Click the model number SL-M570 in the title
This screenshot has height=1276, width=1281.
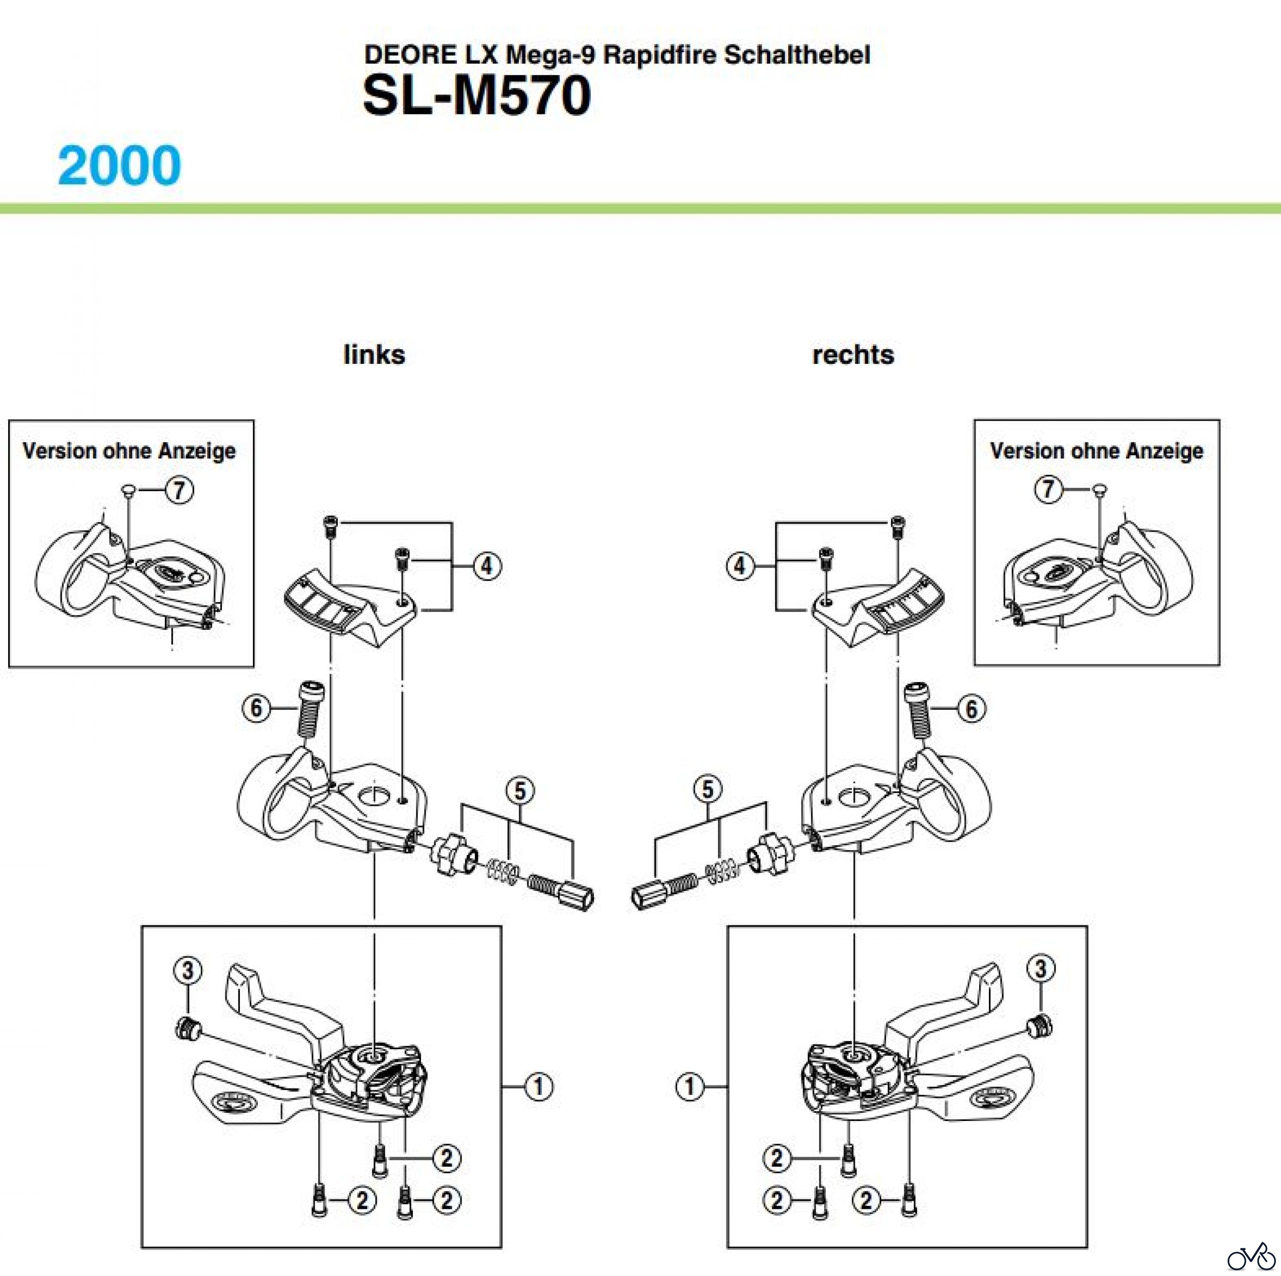tap(476, 96)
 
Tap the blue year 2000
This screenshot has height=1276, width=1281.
tap(120, 165)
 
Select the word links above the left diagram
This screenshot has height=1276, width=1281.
tap(374, 355)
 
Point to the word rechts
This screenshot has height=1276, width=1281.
tap(853, 355)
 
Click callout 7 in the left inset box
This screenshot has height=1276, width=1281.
tap(179, 490)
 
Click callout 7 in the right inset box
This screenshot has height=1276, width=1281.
tap(1047, 489)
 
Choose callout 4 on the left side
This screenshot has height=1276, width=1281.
tap(487, 566)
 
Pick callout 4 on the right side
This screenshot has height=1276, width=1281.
tap(740, 566)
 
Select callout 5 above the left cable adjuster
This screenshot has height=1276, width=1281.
tap(520, 790)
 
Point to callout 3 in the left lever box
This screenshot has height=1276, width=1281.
tap(187, 970)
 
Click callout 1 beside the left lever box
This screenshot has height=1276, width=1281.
tap(538, 1086)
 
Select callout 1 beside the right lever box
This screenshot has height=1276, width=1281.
tap(690, 1086)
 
